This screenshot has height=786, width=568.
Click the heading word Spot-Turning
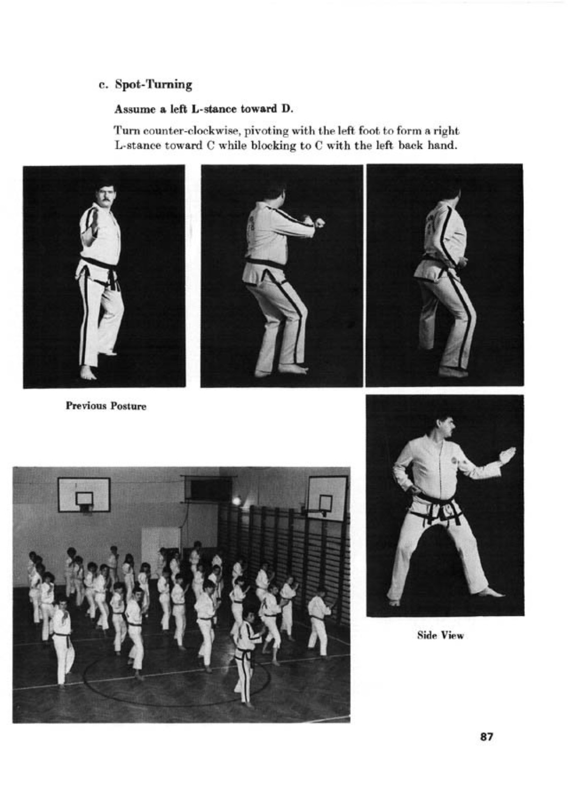[x=153, y=84]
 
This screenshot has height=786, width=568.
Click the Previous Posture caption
[x=106, y=406]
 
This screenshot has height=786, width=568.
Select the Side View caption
[x=440, y=635]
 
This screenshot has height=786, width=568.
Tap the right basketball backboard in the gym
[x=327, y=498]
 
